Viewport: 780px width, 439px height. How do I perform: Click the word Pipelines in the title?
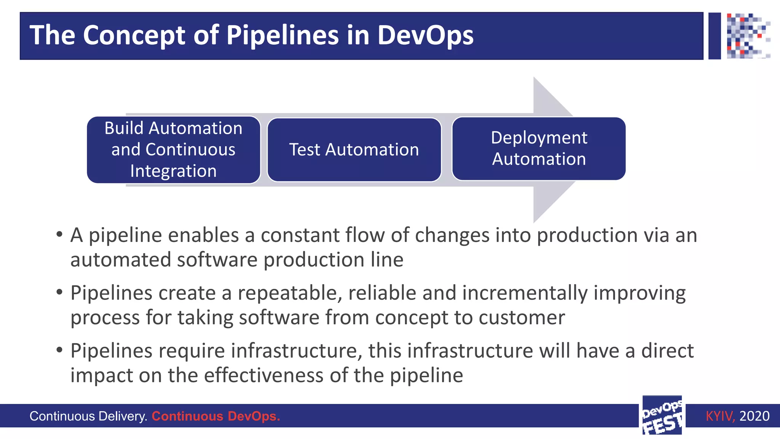282,35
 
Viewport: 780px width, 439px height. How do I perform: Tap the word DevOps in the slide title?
425,35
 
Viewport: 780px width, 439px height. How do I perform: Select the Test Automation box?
354,150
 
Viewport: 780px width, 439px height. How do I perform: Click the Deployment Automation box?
539,149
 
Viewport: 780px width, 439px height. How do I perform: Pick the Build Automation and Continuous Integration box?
173,150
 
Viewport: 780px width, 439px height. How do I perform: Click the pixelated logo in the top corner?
748,36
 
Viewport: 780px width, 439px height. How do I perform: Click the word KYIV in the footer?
719,416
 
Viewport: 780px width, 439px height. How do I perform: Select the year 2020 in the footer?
754,416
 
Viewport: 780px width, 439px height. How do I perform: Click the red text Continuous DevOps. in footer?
216,416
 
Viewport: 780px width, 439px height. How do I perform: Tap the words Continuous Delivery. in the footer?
88,416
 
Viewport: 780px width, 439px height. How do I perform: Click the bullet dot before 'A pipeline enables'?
59,234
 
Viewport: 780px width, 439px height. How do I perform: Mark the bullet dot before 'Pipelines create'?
59,292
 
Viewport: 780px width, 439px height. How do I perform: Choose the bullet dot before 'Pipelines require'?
59,350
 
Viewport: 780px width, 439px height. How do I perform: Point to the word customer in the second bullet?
522,317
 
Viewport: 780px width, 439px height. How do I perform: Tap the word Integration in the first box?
173,171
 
